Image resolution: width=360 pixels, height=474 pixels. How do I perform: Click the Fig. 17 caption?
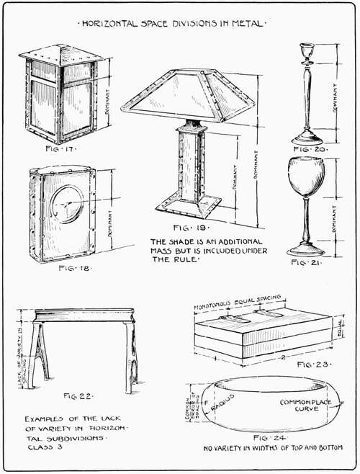click(x=61, y=151)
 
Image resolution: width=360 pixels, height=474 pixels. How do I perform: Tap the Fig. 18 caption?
click(x=63, y=268)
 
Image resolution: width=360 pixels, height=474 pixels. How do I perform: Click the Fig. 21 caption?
click(x=307, y=264)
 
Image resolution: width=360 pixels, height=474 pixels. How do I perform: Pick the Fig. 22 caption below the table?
click(x=78, y=396)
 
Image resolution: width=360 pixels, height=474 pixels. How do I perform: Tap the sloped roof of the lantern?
click(x=62, y=54)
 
